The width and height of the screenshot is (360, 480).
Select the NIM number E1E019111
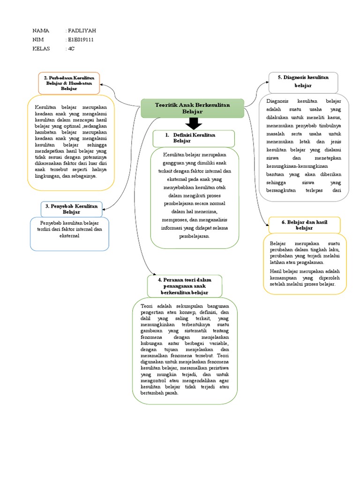[x=81, y=40]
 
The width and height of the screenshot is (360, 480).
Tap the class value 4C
[x=71, y=49]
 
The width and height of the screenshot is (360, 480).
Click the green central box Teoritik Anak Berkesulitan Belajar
[x=192, y=109]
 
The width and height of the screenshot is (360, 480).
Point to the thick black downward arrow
[x=193, y=124]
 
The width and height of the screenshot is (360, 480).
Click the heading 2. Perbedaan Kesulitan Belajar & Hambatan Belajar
[x=69, y=82]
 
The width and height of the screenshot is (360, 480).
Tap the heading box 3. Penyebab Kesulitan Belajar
[x=71, y=209]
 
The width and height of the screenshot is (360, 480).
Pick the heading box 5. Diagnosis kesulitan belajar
[x=303, y=82]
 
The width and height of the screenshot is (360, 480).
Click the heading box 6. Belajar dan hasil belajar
[x=304, y=225]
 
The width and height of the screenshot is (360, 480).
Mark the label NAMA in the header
[x=41, y=31]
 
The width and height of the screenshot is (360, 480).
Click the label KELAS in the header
[x=42, y=49]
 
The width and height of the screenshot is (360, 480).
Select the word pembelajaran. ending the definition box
[x=195, y=237]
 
